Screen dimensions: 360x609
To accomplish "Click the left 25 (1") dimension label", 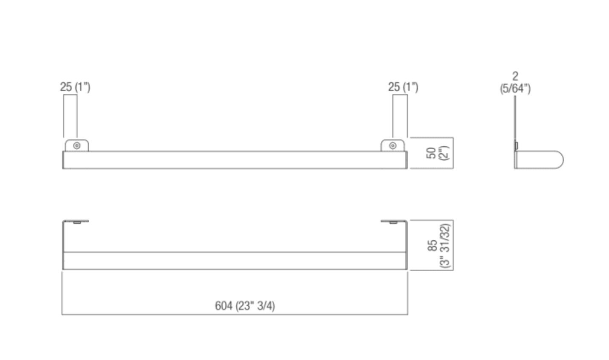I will pos(75,87).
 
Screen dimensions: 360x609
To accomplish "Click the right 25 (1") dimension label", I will pos(403,87).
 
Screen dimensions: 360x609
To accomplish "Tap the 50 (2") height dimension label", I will pos(438,153).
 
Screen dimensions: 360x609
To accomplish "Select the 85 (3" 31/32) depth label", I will pos(439,245).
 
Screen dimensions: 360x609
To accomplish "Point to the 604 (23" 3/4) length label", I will pos(245,306).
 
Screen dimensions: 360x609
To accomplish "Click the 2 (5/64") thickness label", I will pos(515,83).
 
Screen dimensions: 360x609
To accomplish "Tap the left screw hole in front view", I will pos(77,145).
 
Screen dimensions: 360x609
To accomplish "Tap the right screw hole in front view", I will pos(393,145).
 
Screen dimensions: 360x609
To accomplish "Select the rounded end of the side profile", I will pos(557,160).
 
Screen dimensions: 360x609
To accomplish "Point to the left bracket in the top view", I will pos(76,221).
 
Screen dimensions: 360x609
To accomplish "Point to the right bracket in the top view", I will pos(394,221).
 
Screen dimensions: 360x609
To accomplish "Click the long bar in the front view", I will pos(235,160).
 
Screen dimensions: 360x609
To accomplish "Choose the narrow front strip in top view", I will pos(235,261).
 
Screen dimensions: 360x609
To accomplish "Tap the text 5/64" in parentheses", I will pos(515,89).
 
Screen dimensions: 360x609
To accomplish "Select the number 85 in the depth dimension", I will pos(432,245).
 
